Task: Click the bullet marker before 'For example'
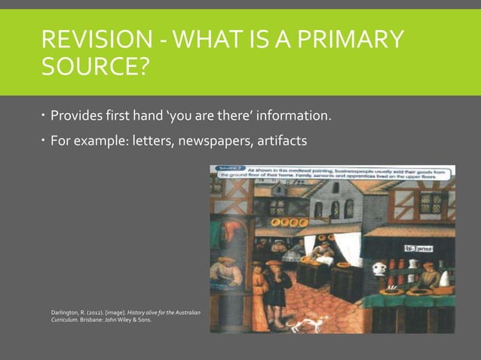point(44,139)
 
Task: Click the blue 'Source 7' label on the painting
point(228,169)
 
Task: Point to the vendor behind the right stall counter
point(427,274)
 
